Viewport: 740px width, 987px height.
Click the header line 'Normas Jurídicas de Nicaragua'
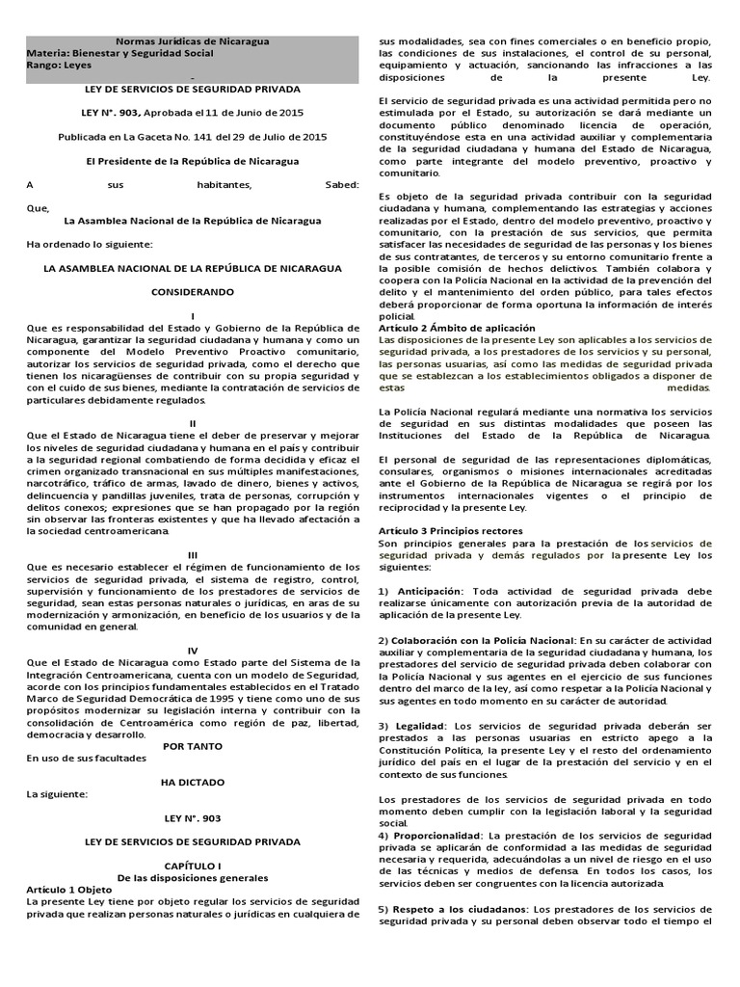coord(193,41)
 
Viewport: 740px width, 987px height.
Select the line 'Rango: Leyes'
coord(59,67)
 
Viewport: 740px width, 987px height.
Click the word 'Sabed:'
coord(342,185)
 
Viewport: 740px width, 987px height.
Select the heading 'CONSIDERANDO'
coord(193,290)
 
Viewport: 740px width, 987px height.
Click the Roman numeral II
coord(193,422)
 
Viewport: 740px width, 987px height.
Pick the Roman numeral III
coord(193,554)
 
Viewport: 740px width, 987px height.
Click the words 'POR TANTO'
coord(193,747)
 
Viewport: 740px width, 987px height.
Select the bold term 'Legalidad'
coord(417,725)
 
